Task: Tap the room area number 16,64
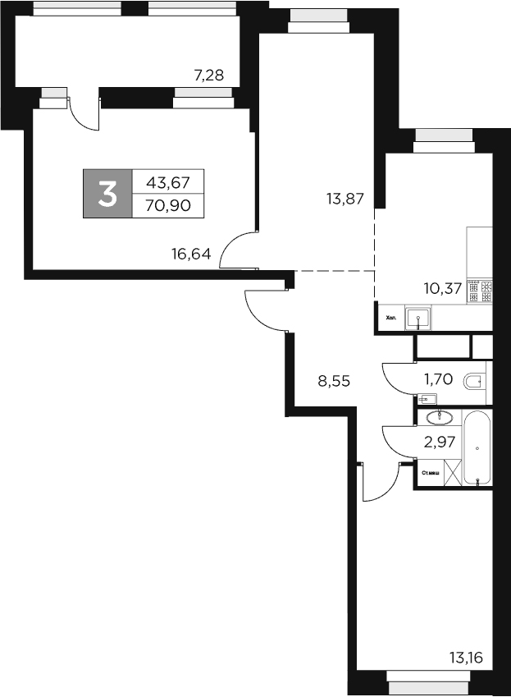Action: coord(191,254)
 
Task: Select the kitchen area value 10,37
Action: coord(442,288)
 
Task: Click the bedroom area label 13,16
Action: coord(466,657)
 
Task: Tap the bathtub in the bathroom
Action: coord(477,447)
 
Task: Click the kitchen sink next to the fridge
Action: coord(418,316)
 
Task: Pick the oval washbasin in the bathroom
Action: coord(434,417)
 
